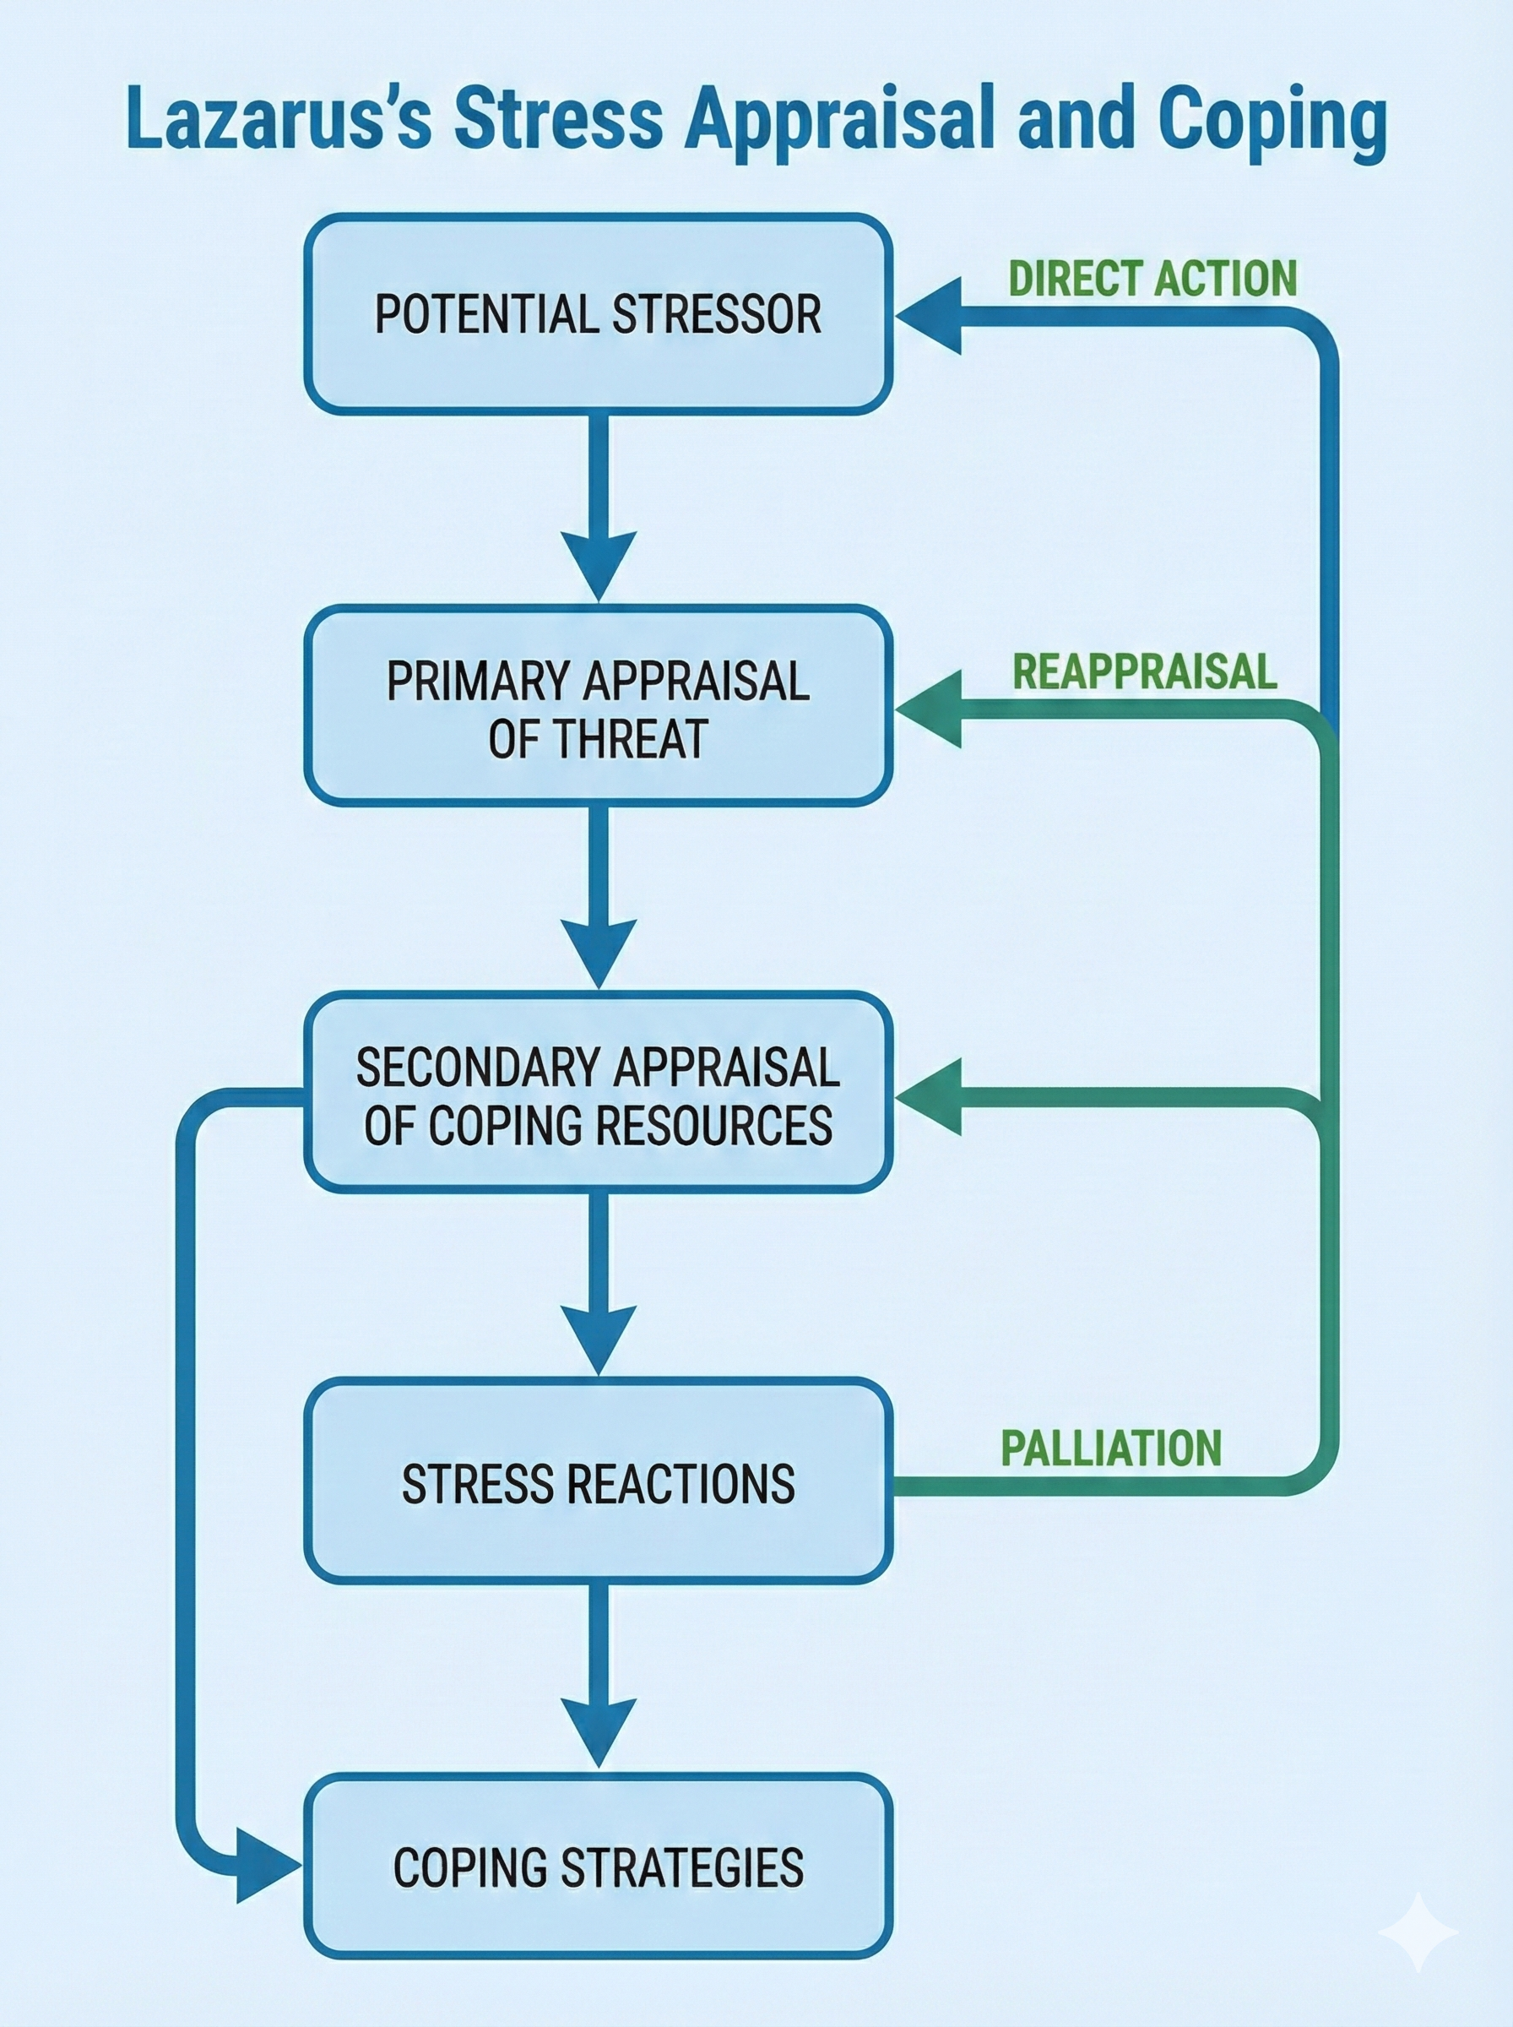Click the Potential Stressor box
point(598,314)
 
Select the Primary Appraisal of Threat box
point(598,706)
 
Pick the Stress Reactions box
point(598,1483)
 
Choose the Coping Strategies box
point(598,1868)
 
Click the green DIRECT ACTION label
point(1152,279)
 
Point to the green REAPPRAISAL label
point(1144,671)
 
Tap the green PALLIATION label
point(1111,1448)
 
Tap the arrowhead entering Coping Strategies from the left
point(266,1865)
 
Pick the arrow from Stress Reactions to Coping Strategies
point(598,1676)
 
